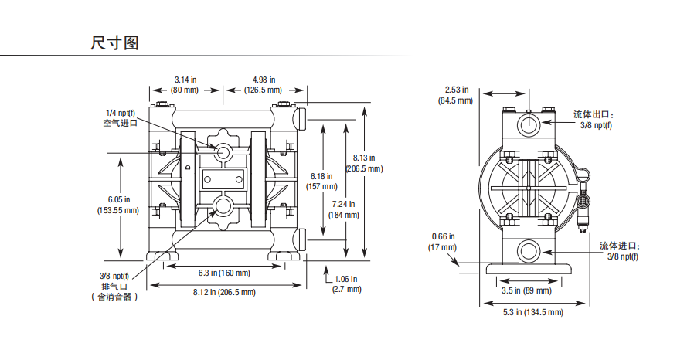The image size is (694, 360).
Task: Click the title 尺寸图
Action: [x=114, y=43]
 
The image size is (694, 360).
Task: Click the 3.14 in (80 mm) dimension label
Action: [x=185, y=85]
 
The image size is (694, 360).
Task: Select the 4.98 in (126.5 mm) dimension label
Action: [x=264, y=85]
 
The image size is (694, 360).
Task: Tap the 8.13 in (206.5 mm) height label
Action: [x=364, y=163]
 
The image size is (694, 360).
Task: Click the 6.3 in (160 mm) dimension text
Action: [x=224, y=273]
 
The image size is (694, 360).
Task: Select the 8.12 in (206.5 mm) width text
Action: [x=224, y=292]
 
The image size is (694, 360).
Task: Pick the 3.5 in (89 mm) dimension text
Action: [x=526, y=290]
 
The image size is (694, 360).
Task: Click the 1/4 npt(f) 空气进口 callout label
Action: [x=120, y=118]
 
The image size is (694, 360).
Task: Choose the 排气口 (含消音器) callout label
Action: [x=115, y=287]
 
